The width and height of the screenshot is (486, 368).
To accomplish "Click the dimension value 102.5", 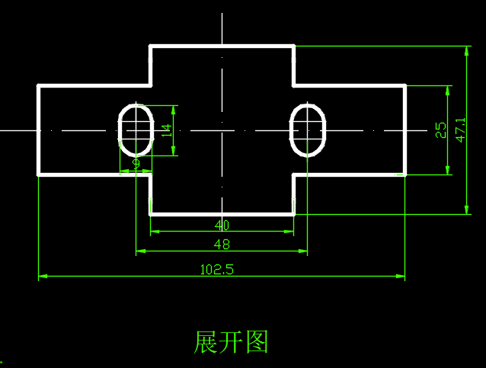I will (216, 269).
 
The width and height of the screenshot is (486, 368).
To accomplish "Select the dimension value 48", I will (222, 245).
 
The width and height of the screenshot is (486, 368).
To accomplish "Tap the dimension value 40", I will (222, 226).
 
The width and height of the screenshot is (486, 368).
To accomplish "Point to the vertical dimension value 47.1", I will (461, 130).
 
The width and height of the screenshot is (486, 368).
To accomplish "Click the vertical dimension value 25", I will (440, 130).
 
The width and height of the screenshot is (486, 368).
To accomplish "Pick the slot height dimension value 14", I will (167, 130).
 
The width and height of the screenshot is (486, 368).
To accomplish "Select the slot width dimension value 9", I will (136, 163).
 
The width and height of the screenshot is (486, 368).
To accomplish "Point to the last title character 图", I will (257, 341).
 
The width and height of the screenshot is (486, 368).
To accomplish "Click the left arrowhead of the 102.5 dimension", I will (43, 277).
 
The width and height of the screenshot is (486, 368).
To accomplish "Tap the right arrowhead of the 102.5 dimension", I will (401, 277).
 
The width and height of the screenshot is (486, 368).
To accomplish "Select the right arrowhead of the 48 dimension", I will (303, 251).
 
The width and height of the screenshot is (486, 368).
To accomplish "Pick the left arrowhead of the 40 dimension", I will (155, 232).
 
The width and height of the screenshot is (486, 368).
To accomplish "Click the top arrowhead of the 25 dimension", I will (447, 89).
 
